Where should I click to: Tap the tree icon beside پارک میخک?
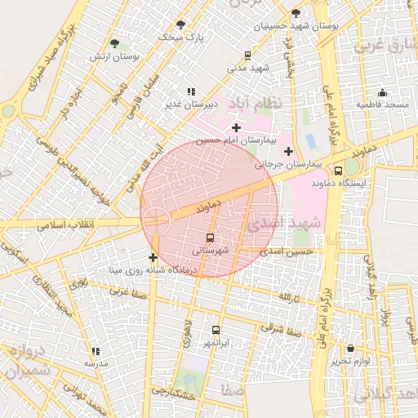180,24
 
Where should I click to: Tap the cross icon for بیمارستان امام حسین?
236,127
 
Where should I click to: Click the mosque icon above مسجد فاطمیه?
382,92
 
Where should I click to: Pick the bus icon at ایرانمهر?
216,330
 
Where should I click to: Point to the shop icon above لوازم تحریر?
351,348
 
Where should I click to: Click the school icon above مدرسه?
96,350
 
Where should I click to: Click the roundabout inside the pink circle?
155,218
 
